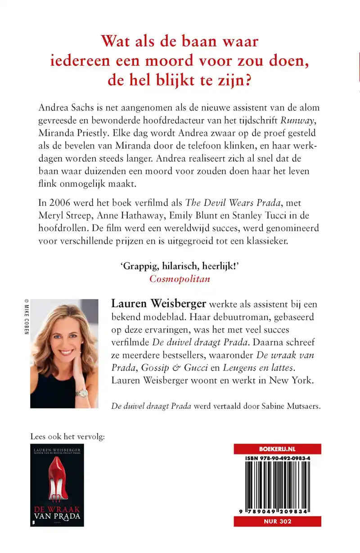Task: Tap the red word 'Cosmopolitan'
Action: pos(180,278)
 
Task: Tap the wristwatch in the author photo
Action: pos(82,393)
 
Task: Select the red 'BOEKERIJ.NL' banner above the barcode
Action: pos(277,449)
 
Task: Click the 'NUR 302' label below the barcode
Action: pos(277,521)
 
